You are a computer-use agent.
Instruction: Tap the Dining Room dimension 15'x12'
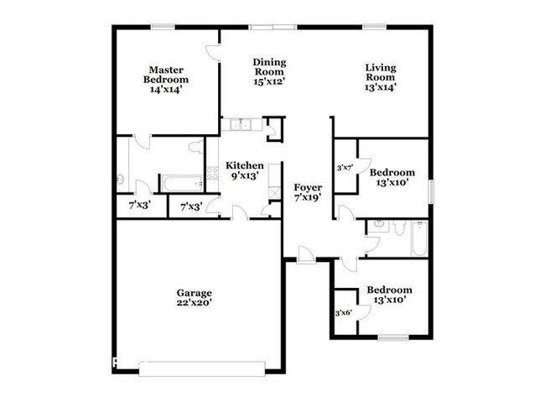pos(270,81)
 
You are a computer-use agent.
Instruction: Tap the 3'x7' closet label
pos(344,168)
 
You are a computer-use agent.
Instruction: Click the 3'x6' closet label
pos(344,312)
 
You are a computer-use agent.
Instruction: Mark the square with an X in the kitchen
pos(272,192)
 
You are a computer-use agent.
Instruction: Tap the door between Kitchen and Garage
pos(239,212)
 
